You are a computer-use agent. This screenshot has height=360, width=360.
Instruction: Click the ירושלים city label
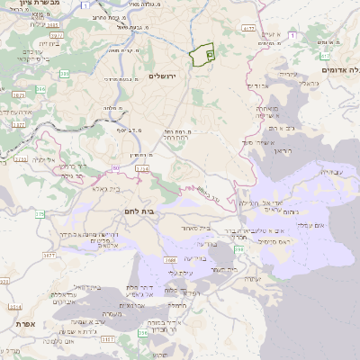(x=165, y=76)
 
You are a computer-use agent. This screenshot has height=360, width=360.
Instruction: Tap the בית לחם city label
(x=136, y=210)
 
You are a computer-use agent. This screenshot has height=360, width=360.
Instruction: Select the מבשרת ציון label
(x=35, y=4)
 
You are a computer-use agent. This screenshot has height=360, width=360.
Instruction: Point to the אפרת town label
(x=22, y=321)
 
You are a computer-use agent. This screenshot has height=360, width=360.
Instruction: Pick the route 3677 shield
(x=49, y=256)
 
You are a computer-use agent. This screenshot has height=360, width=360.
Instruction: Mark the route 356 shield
(x=142, y=334)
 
